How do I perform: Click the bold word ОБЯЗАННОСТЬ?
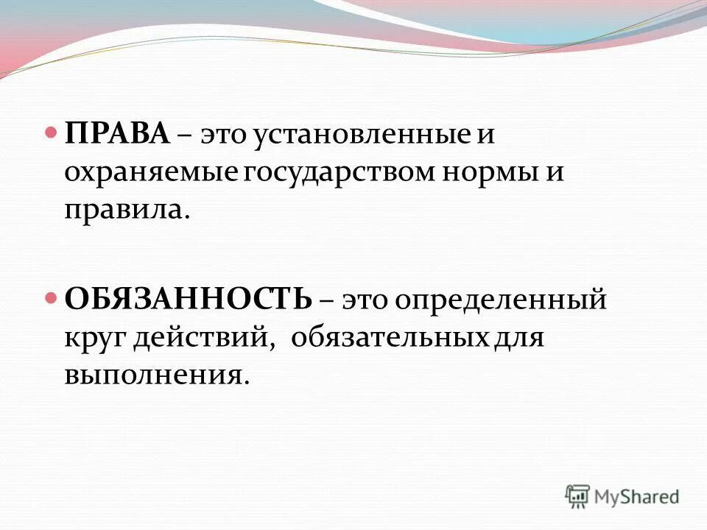click(189, 300)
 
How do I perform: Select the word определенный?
click(502, 301)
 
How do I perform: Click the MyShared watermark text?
click(637, 496)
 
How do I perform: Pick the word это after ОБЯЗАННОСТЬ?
click(365, 301)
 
